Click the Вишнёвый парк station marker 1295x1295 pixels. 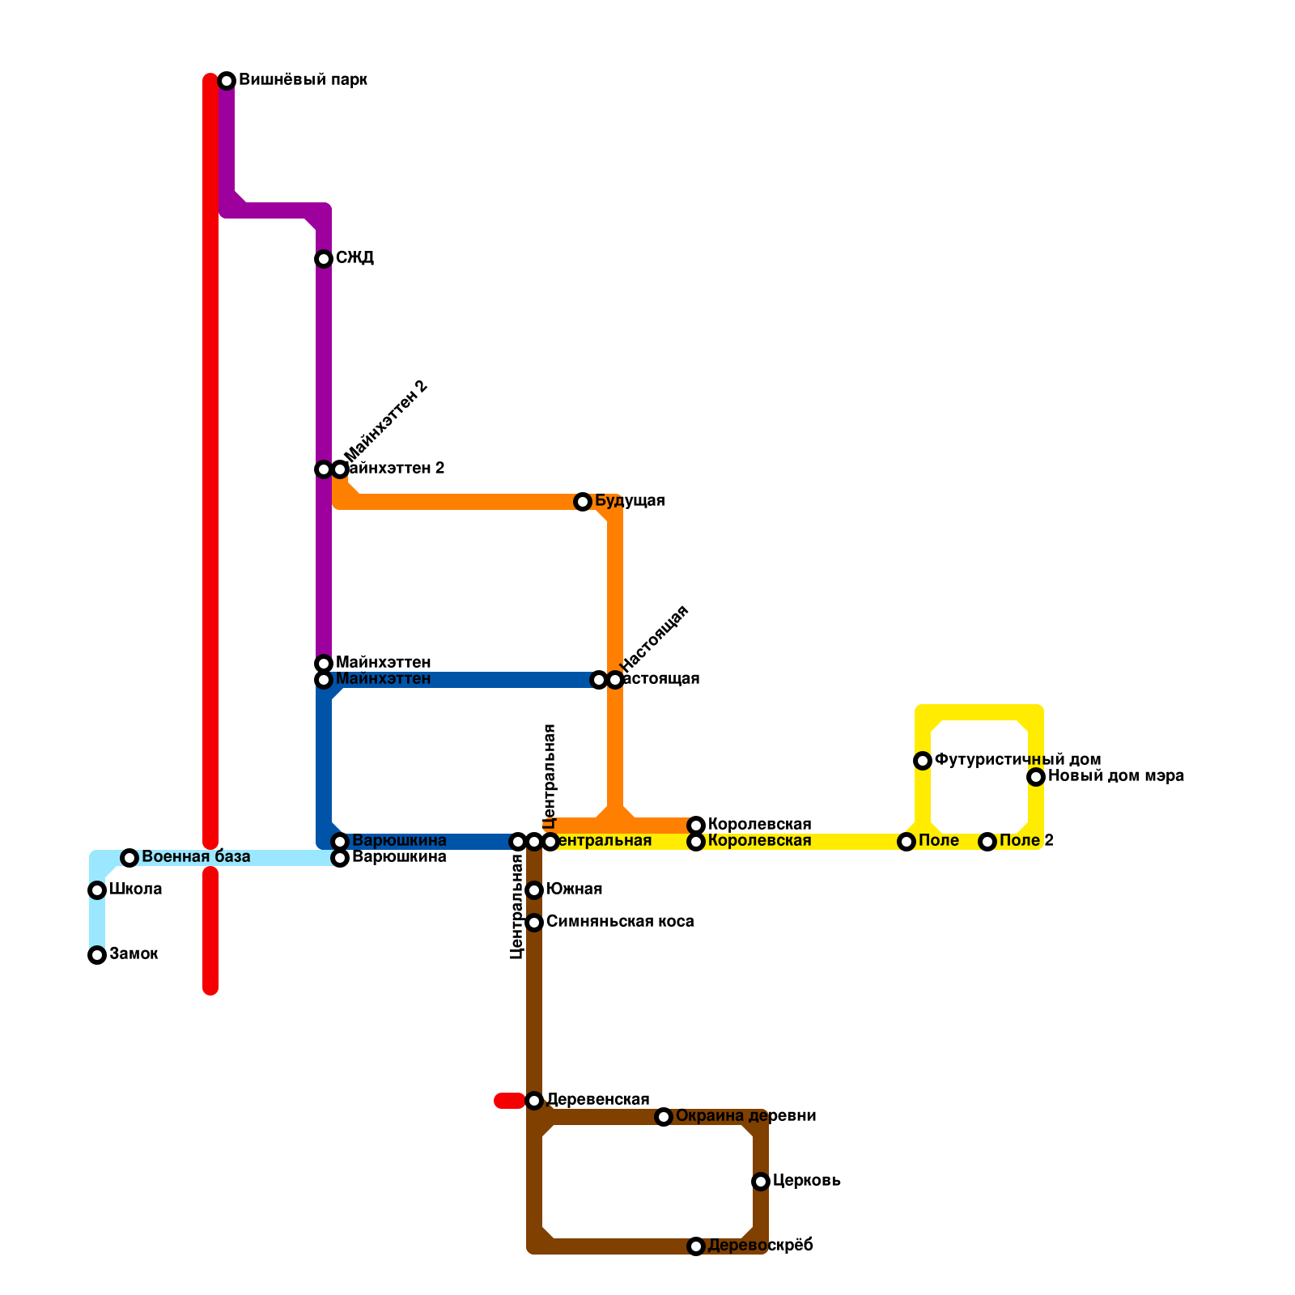click(x=227, y=81)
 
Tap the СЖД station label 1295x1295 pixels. click(x=355, y=258)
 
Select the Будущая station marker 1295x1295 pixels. click(x=583, y=502)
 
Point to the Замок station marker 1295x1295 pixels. click(x=97, y=955)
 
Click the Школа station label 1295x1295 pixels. click(x=135, y=890)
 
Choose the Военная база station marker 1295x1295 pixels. click(x=129, y=858)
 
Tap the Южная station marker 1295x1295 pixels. click(x=534, y=890)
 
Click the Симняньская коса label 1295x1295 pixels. click(x=620, y=922)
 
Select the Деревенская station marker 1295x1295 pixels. click(x=534, y=1101)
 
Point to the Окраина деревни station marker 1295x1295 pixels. click(x=664, y=1117)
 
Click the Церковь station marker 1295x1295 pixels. click(x=761, y=1182)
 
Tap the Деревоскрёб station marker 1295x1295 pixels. click(x=696, y=1246)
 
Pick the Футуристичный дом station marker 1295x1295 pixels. click(x=923, y=761)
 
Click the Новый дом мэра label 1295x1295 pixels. click(x=1116, y=776)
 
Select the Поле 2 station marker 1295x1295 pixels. click(x=987, y=842)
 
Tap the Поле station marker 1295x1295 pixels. click(x=906, y=842)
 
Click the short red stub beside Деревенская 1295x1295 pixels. click(x=509, y=1101)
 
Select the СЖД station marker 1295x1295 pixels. click(x=324, y=259)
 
